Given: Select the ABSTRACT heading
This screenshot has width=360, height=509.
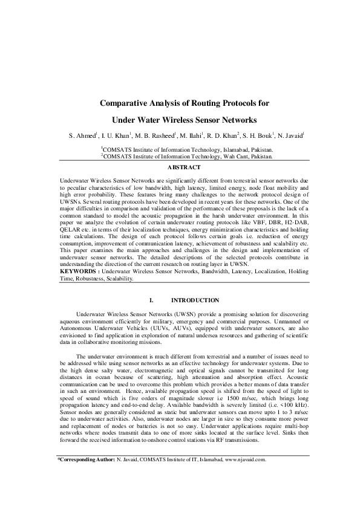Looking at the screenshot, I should tap(180, 166).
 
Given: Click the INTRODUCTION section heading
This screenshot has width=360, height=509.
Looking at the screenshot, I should tap(195, 300).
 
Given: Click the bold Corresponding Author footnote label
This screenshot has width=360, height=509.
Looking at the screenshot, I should tap(85, 476).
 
